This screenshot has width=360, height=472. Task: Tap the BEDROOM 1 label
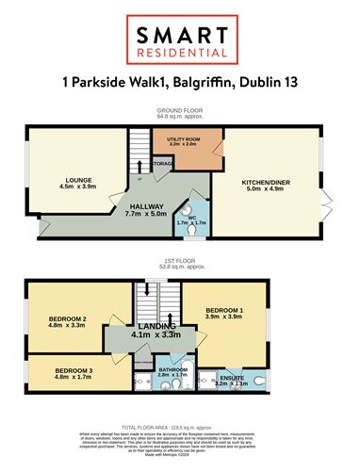pos(224,309)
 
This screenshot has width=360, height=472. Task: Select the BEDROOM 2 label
pos(67,320)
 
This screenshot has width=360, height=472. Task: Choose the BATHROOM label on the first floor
pos(173,369)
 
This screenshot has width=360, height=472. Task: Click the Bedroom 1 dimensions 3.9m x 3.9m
pos(224,317)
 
